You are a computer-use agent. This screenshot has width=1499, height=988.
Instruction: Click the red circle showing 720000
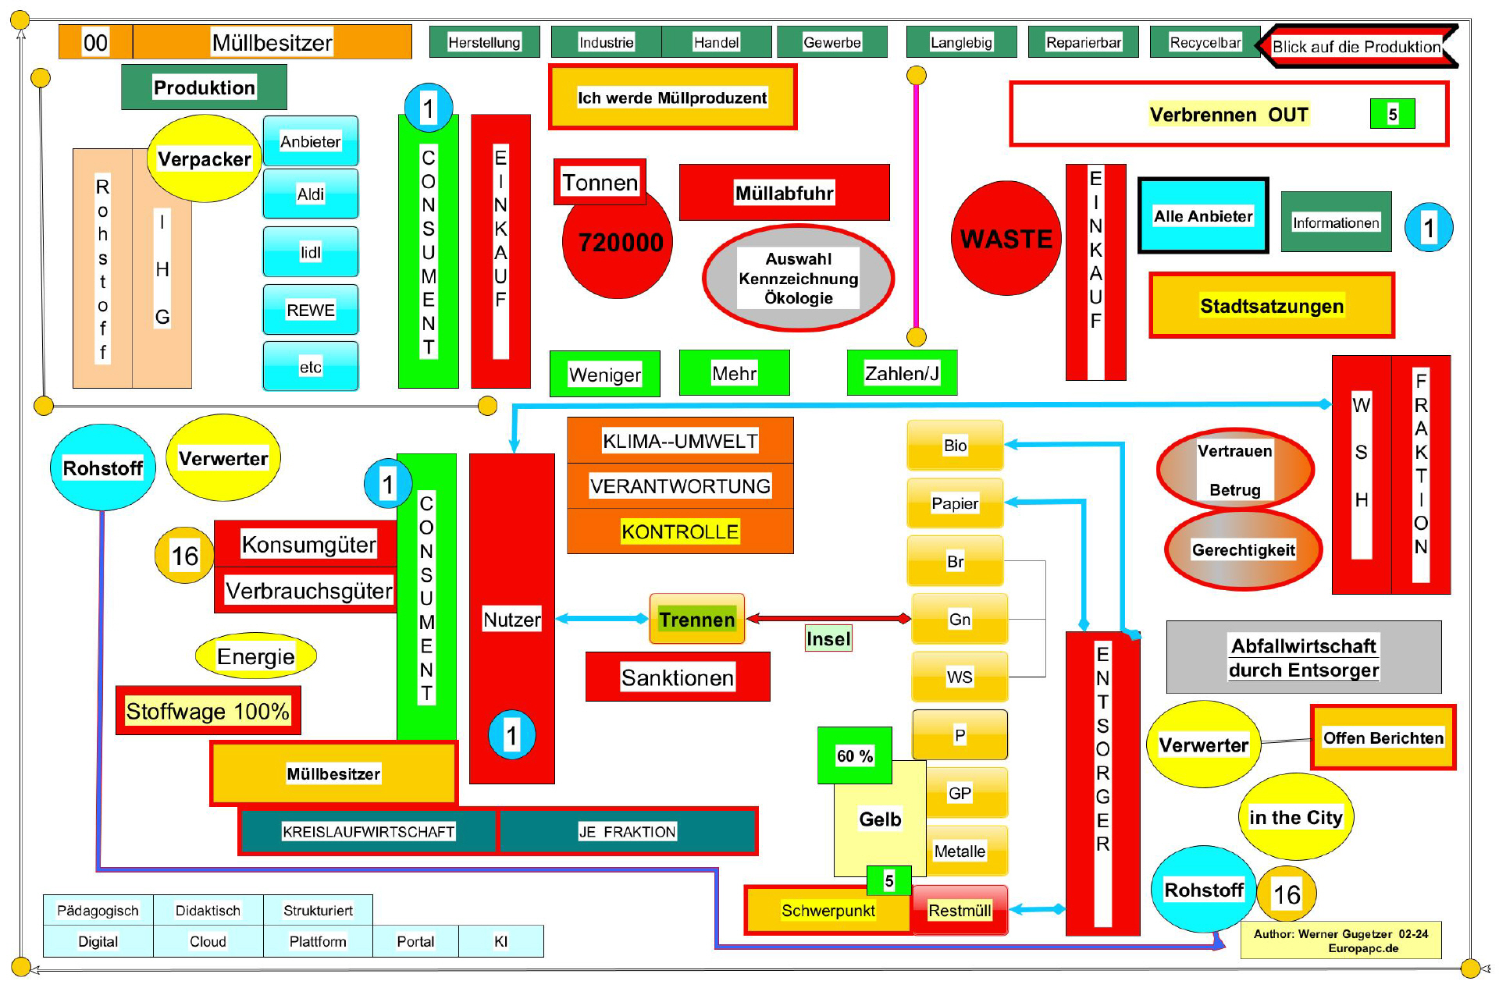tap(618, 243)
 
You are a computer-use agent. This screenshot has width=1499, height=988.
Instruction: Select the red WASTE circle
tap(1006, 239)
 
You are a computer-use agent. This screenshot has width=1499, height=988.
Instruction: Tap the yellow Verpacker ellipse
tap(204, 159)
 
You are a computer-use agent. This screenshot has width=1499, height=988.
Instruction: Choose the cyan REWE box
tap(311, 310)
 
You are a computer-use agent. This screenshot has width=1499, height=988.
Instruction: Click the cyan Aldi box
tap(311, 194)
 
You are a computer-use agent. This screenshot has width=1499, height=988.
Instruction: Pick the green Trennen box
tap(696, 620)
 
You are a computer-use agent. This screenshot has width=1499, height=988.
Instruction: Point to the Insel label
tap(828, 639)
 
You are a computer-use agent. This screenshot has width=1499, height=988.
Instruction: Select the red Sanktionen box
tap(677, 677)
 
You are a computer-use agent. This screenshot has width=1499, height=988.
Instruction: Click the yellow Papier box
tap(955, 503)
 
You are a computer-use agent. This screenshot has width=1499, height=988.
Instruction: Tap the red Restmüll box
tap(960, 910)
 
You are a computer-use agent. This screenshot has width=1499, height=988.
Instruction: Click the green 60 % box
tap(854, 755)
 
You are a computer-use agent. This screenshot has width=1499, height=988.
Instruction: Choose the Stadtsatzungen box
tap(1271, 306)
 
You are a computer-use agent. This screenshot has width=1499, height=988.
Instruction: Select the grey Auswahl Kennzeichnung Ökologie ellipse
tap(798, 279)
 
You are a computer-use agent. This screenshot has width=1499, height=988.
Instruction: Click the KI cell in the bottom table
tap(500, 941)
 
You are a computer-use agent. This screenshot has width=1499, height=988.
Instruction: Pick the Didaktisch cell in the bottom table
tap(208, 911)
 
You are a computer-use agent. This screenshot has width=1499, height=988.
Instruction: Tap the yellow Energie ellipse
tap(255, 656)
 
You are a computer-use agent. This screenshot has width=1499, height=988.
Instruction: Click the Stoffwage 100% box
tap(208, 711)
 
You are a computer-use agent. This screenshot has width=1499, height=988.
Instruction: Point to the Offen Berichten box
tap(1383, 737)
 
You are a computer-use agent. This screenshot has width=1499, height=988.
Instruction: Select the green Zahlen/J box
tap(902, 373)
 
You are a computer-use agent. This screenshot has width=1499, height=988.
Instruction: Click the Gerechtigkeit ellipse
tap(1243, 549)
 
